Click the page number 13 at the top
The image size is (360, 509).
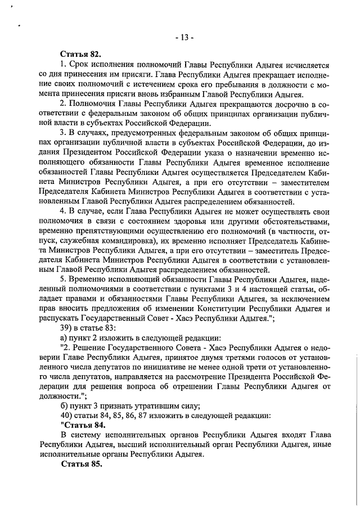(183, 38)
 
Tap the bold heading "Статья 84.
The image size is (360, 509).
(81, 425)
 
